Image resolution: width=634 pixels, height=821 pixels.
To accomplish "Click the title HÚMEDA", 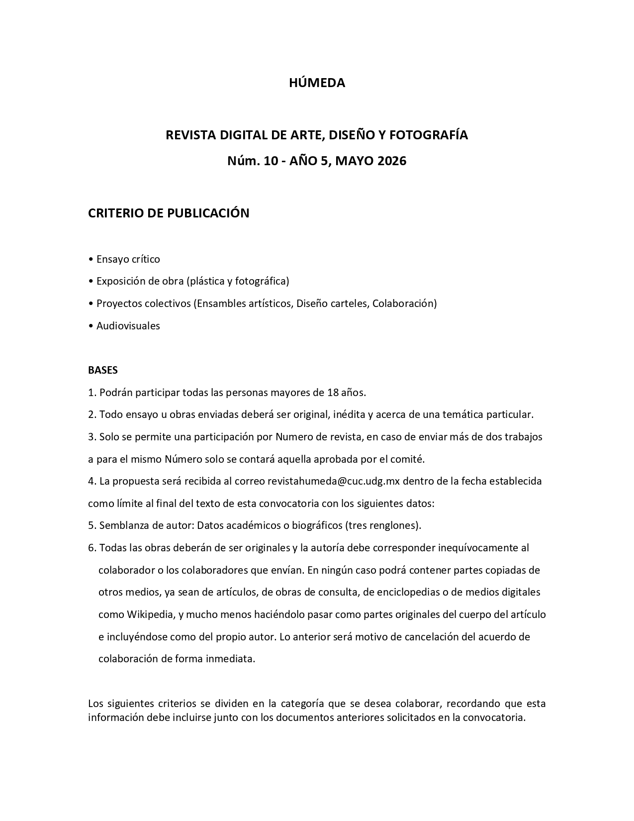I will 317,83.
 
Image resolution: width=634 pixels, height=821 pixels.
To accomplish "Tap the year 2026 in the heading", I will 392,161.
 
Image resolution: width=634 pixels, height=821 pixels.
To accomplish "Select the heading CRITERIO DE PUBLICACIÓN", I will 169,213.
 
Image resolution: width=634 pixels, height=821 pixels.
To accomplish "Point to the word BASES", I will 103,370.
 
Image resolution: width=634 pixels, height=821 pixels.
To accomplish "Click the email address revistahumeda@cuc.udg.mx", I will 334,481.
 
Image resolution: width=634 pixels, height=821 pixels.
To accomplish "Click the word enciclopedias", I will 411,592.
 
